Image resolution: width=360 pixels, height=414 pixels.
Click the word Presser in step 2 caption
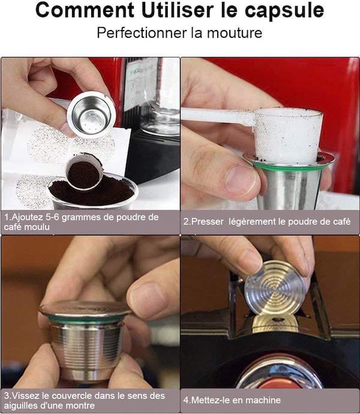coord(208,221)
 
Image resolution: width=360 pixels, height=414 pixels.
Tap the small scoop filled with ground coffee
coord(83,173)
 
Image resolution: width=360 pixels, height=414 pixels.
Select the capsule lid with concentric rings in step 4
coord(275,287)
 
